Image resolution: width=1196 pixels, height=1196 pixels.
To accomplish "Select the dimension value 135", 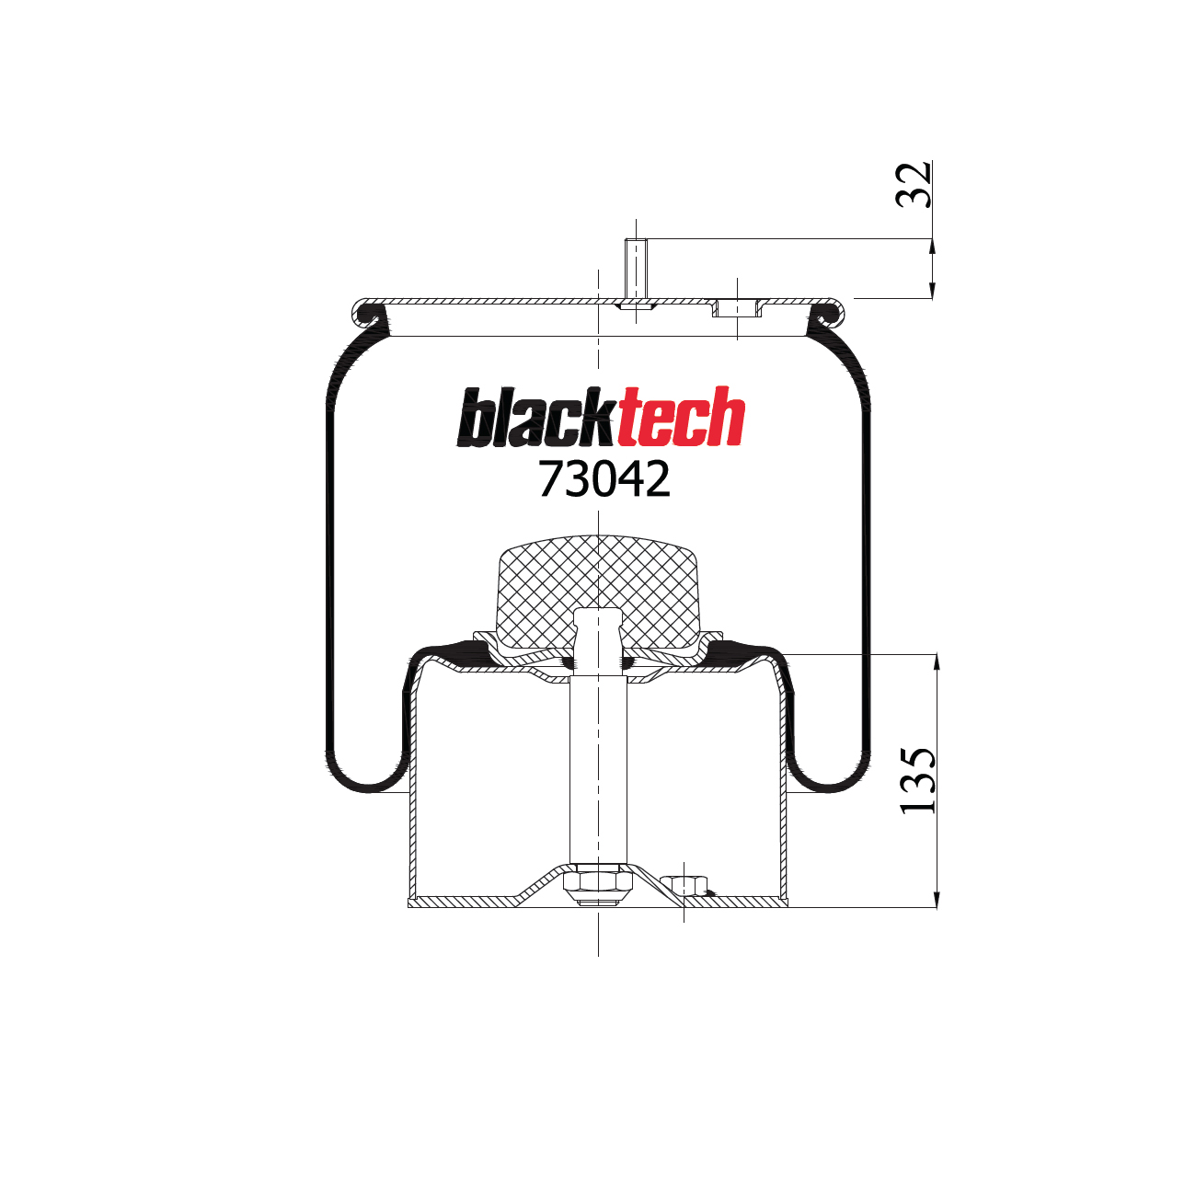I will pos(917,780).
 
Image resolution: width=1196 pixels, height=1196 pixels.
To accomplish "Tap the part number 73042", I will pos(604,479).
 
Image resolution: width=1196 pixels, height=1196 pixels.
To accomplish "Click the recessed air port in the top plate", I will pos(736,308).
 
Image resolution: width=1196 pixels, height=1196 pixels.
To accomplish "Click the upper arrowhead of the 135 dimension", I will pos(937,663).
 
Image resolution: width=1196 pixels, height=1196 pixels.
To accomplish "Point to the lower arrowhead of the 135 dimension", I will pos(937,899).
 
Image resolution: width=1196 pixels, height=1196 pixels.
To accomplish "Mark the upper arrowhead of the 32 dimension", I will pos(933,247).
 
